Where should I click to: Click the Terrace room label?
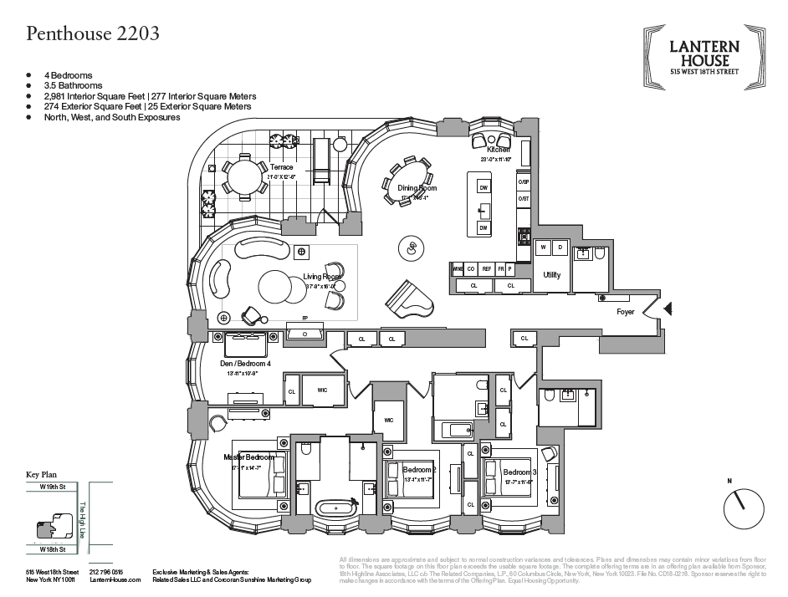281,167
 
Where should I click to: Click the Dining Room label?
417,188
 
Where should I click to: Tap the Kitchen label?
486,150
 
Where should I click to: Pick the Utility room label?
552,274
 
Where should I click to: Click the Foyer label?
626,312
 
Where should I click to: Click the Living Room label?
322,277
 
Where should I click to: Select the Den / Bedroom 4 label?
245,364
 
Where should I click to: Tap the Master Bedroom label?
248,457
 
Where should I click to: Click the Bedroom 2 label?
418,470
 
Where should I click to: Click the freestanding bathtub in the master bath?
334,507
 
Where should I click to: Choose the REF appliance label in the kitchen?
486,268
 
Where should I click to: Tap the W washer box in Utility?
544,247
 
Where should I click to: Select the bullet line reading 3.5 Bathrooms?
74,85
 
